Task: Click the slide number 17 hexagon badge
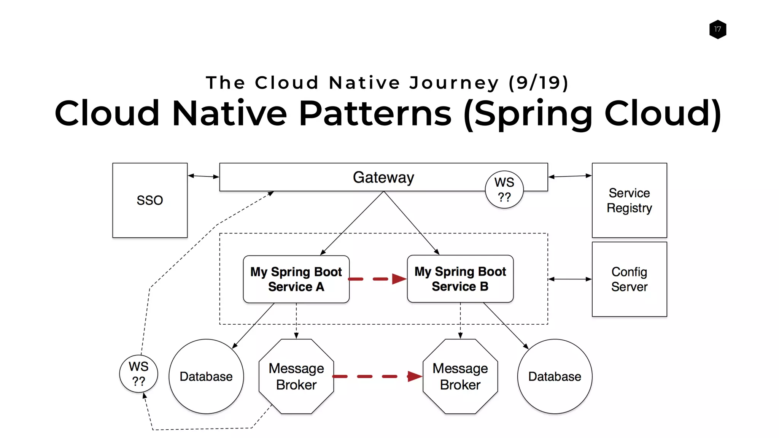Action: click(717, 29)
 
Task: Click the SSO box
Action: click(150, 200)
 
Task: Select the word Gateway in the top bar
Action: click(383, 178)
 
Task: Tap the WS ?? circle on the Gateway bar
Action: click(504, 189)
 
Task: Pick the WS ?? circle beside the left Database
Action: click(138, 374)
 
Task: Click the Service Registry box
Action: click(629, 200)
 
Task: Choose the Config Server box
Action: click(629, 279)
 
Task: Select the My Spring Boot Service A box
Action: click(296, 279)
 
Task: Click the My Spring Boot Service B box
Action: click(460, 279)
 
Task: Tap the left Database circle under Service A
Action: click(206, 376)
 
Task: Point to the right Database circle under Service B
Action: click(555, 376)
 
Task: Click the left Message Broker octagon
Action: click(296, 376)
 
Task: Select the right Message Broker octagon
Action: click(460, 376)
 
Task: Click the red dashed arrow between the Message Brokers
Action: click(377, 376)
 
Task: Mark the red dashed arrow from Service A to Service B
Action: click(377, 279)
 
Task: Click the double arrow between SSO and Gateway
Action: click(203, 176)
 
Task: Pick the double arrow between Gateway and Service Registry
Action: click(570, 176)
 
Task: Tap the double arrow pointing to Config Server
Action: click(570, 279)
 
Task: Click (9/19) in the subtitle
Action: click(538, 83)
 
